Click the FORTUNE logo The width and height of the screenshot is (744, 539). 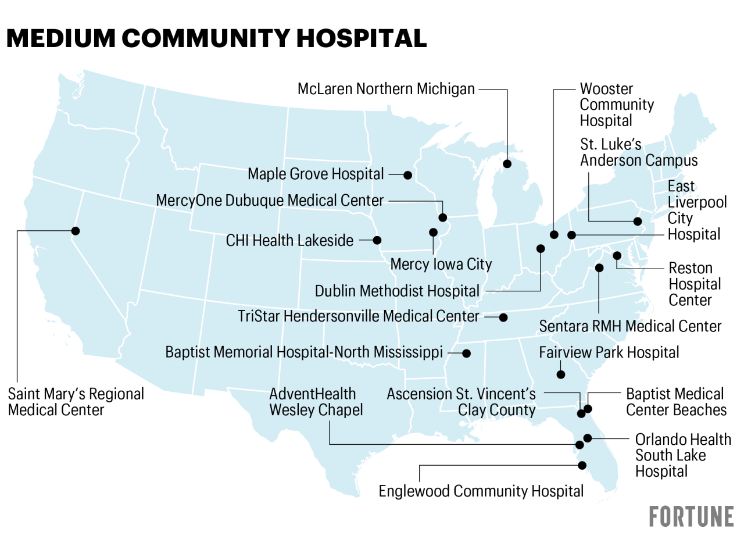point(691,516)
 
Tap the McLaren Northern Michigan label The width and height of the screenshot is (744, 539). point(386,89)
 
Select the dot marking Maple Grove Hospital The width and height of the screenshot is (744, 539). point(408,175)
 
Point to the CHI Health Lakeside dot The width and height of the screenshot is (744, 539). point(377,240)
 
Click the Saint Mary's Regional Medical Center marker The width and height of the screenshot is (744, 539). point(75,231)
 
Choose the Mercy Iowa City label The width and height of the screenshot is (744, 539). point(441,264)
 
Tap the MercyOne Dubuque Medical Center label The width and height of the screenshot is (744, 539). point(270,201)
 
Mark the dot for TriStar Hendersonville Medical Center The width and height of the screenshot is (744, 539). point(503,317)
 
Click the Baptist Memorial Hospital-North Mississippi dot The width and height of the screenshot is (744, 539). point(466,353)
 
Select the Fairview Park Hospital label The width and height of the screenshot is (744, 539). point(609,352)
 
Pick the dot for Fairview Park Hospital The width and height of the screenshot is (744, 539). point(561,374)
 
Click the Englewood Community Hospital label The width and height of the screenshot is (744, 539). point(481,491)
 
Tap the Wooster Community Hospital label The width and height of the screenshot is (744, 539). point(616,105)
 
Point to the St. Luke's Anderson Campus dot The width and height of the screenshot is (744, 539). point(638,222)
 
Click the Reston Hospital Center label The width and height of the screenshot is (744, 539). point(694,284)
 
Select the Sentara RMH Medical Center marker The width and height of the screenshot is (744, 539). point(599,268)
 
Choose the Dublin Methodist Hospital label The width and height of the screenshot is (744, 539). point(397,291)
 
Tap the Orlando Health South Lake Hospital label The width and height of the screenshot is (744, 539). point(682,455)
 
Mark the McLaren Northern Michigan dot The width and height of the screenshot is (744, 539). point(507,164)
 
